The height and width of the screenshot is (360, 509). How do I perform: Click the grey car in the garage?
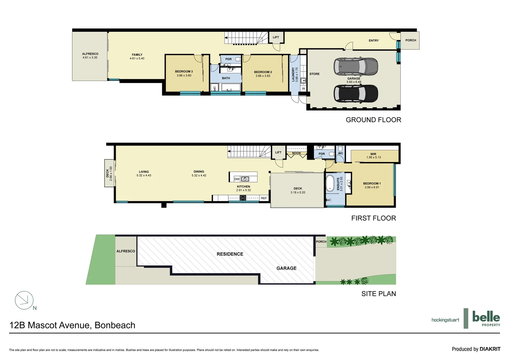355,67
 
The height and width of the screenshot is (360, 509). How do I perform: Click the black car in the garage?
355,94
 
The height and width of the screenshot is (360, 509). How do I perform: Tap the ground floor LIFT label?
276,37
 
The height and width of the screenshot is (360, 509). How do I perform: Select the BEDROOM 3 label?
184,71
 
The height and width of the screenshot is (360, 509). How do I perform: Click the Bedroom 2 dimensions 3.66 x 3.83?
263,76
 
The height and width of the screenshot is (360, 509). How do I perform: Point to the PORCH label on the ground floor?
410,40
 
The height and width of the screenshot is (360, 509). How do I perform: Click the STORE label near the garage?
314,74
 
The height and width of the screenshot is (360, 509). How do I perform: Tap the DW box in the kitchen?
237,179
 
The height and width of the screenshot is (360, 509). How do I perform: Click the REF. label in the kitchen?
264,198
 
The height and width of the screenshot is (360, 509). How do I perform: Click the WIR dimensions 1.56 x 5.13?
373,158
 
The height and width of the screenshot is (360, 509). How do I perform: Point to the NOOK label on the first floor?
296,153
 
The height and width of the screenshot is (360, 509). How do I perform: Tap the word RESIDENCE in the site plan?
230,254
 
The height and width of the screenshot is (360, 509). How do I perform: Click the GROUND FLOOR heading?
373,120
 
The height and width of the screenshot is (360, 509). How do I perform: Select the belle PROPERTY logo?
486,319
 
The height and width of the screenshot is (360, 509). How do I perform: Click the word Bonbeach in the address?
115,325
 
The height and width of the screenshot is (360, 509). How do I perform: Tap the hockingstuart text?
445,320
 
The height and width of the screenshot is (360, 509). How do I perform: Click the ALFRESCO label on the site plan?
126,251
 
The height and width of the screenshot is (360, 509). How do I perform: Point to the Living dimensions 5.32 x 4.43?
144,176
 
